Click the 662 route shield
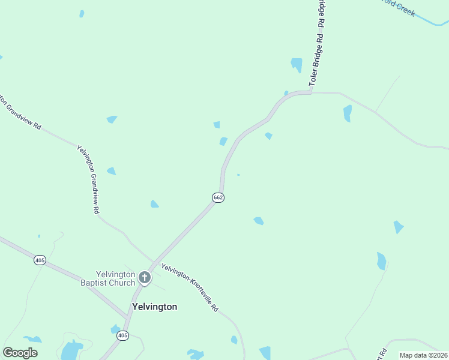218,197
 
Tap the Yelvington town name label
154,307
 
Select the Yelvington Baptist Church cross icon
144,277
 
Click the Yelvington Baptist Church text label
108,278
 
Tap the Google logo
20,353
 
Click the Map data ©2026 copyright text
423,355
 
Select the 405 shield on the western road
40,260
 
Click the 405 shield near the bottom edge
122,335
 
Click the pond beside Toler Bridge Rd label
297,64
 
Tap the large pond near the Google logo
71,349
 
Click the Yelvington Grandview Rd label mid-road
88,179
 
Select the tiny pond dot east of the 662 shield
238,175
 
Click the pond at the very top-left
82,14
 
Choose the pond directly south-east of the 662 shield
258,221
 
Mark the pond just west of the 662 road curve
223,142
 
